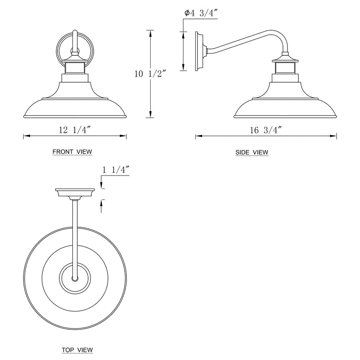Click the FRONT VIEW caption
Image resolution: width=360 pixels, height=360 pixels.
pyautogui.click(x=72, y=152)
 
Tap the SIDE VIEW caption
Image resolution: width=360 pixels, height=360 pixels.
pyautogui.click(x=252, y=152)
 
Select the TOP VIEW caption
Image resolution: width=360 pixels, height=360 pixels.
pyautogui.click(x=77, y=350)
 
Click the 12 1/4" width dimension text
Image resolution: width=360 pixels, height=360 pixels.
pyautogui.click(x=75, y=130)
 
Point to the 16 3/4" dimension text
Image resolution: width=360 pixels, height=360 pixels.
pyautogui.click(x=265, y=130)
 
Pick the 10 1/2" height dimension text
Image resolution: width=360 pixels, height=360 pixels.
pyautogui.click(x=150, y=74)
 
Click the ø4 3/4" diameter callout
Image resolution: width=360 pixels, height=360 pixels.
pyautogui.click(x=201, y=13)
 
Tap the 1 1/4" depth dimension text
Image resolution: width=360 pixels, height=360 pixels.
pyautogui.click(x=116, y=170)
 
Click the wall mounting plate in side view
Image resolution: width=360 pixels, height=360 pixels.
pyautogui.click(x=199, y=51)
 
